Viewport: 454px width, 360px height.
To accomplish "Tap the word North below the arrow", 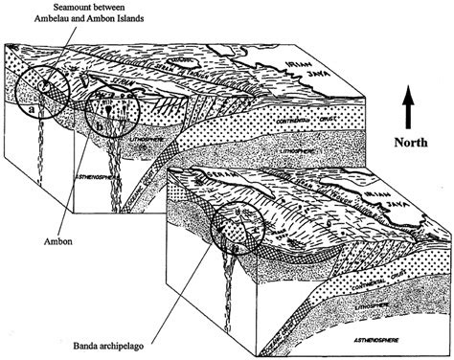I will (x=409, y=141).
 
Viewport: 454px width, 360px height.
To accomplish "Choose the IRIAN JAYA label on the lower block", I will (x=392, y=191).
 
